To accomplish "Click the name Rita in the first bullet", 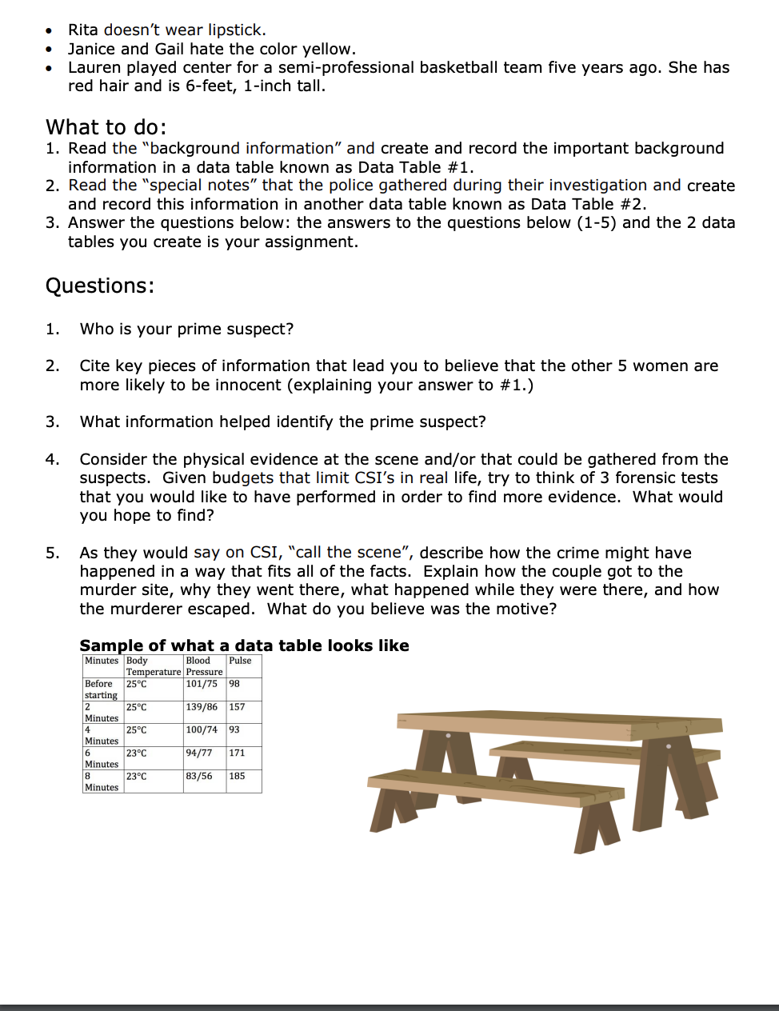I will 84,30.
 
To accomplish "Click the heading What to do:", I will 106,127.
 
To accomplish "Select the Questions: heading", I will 100,286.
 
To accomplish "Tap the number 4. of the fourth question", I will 52,459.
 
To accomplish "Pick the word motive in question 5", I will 526,609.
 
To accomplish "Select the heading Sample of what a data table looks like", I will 244,645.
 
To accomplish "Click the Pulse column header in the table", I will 240,661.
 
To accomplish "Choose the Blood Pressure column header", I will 204,666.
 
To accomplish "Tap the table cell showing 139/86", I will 202,707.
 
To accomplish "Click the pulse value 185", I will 238,776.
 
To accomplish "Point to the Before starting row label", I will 102,689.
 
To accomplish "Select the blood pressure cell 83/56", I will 199,776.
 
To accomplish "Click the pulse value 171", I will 238,753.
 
